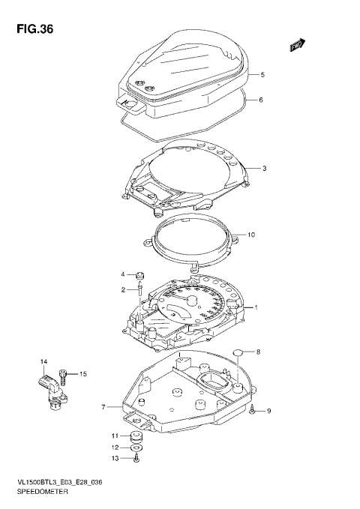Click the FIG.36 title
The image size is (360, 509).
31,29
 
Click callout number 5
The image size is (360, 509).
262,75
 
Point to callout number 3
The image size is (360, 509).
264,168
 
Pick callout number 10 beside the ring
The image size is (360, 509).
251,235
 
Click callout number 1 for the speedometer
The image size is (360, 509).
255,307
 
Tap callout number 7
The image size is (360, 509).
104,408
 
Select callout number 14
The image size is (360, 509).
43,362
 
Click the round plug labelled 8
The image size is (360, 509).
238,352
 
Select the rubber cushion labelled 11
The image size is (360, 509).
136,437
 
